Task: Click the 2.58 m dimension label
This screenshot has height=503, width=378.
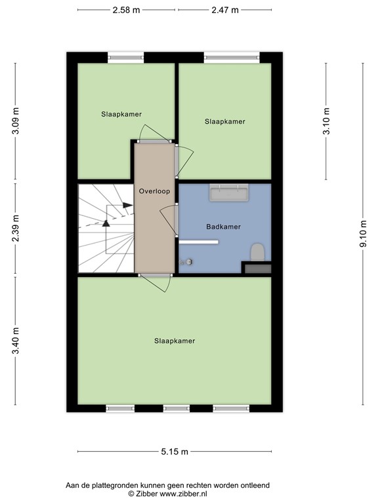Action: click(x=127, y=10)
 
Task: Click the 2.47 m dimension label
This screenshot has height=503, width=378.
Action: click(x=225, y=10)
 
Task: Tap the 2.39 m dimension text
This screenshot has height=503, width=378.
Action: click(x=16, y=228)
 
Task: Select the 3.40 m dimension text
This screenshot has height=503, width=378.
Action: click(x=16, y=341)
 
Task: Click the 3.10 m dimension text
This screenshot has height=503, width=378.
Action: click(x=327, y=121)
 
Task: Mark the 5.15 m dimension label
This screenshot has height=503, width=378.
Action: click(x=175, y=452)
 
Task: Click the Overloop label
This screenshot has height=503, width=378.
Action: click(x=154, y=192)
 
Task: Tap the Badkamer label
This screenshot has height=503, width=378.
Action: click(x=223, y=227)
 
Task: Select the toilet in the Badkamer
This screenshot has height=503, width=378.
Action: click(x=258, y=251)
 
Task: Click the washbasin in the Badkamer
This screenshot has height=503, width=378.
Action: click(x=228, y=192)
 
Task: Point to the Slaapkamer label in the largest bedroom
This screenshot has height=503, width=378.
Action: click(x=175, y=341)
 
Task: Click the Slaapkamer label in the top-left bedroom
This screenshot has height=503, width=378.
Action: click(x=121, y=114)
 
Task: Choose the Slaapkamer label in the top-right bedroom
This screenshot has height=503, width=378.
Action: click(x=225, y=121)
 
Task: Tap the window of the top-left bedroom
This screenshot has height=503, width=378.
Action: click(x=125, y=58)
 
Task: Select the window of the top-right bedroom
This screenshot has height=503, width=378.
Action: click(x=230, y=58)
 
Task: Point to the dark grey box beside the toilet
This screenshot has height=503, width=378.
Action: click(x=257, y=267)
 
